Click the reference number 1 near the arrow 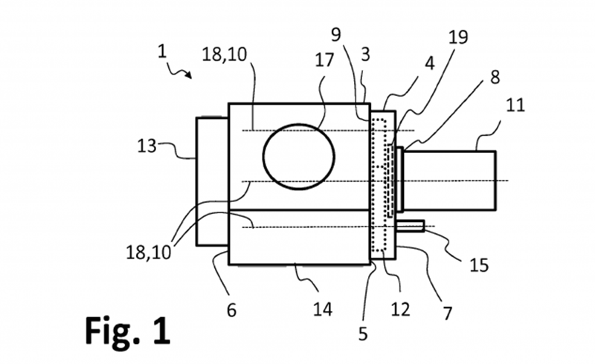coord(162,51)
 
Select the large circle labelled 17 coord(299,157)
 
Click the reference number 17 coord(324,60)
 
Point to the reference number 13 coord(147,146)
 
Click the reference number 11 coord(515,105)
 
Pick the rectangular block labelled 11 coord(450,181)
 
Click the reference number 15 coord(479,265)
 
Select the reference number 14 coord(323,309)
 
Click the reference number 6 coord(231,311)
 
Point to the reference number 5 coord(363,334)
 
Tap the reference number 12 coord(401,309)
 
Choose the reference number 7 coord(448,313)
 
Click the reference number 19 coord(458,37)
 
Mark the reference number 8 coord(495,77)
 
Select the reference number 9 coord(336,34)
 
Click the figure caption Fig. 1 coord(127,331)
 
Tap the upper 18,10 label coord(225,55)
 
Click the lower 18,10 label coord(149,253)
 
